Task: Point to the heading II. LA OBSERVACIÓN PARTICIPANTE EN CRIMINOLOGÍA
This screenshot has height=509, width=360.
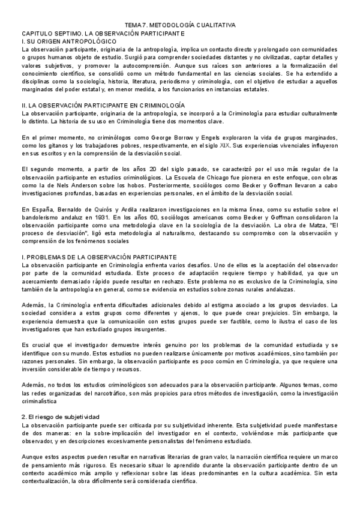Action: (x=103, y=105)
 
